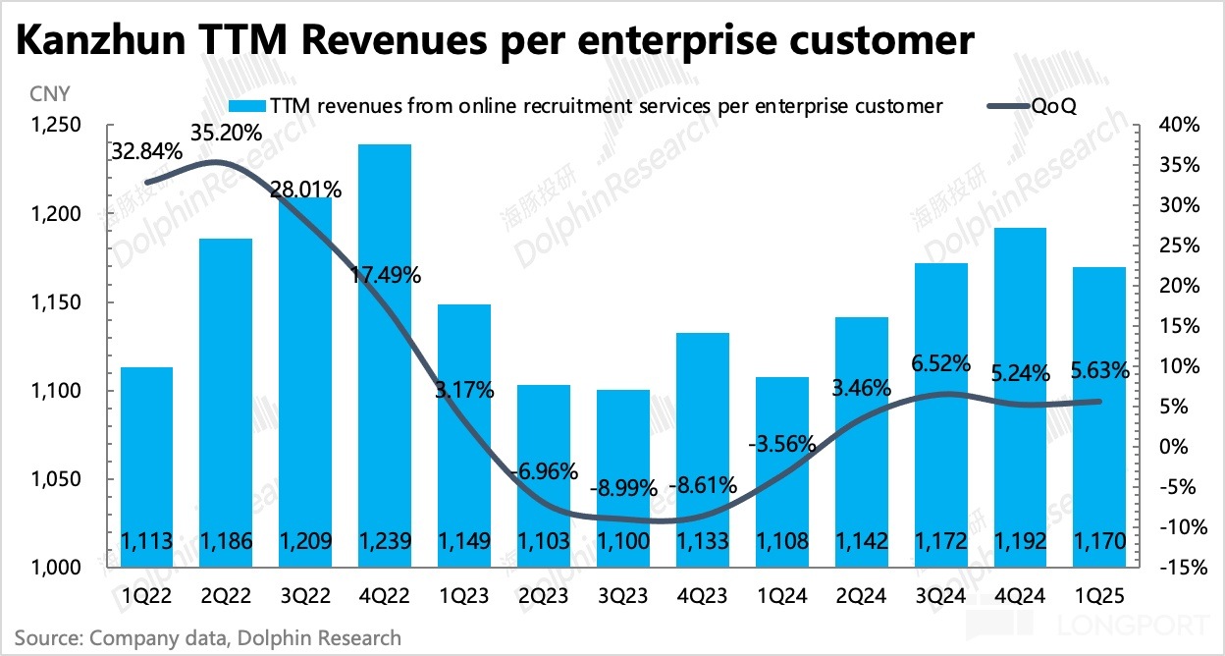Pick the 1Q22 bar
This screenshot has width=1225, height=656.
pyautogui.click(x=146, y=466)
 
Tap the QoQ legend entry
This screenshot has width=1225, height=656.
pyautogui.click(x=1051, y=106)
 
